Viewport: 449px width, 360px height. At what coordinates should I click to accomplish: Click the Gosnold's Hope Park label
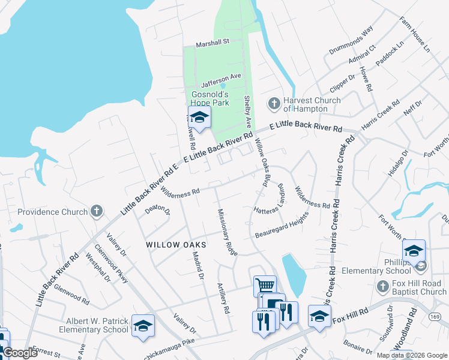tap(210, 98)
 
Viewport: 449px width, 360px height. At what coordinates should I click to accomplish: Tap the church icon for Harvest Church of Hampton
tap(274, 104)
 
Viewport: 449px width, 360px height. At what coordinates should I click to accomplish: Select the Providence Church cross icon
tap(96, 211)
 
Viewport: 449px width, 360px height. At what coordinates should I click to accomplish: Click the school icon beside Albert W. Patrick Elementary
tap(143, 325)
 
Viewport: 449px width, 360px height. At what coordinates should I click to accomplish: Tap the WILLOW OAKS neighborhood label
tap(176, 245)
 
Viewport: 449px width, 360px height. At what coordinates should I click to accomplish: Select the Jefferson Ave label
tap(221, 76)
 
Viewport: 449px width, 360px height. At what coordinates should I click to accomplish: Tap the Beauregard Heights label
tap(281, 227)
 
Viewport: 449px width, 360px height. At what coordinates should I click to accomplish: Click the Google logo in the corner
tap(20, 353)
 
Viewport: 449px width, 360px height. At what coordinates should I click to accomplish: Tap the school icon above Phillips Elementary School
tap(414, 251)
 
